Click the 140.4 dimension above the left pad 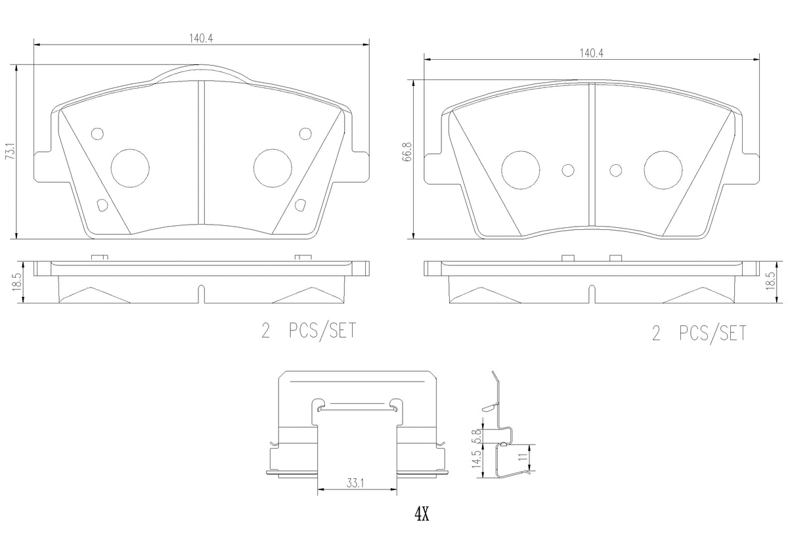coord(201,38)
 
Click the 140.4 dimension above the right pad coord(592,53)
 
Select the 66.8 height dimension coord(407,152)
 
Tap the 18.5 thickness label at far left coord(16,282)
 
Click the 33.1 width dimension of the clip coord(355,483)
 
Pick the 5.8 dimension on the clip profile coord(477,436)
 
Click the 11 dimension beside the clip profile coord(524,457)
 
